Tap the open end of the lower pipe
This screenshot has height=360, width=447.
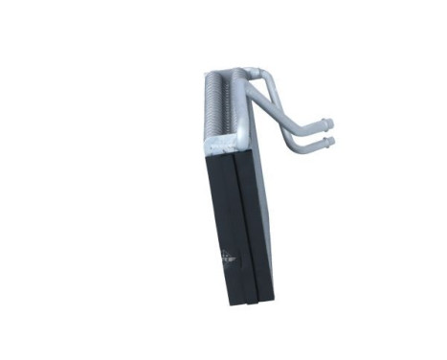333,142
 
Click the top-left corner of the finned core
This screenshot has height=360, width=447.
208,73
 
